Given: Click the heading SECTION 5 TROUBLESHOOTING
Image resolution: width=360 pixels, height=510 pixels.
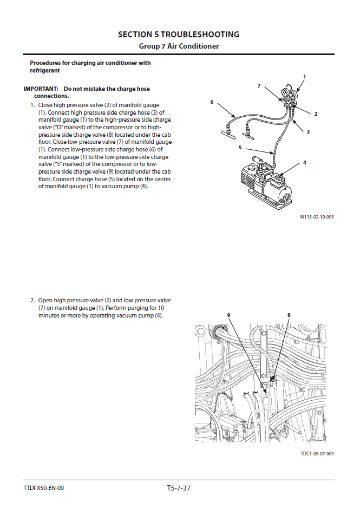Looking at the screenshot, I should click(179, 35).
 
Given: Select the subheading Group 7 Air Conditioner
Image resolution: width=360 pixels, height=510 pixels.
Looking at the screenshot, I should click(179, 47).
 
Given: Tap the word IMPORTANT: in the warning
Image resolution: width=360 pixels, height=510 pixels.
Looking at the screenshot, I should click(41, 89).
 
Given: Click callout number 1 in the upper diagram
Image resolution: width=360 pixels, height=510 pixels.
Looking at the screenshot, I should click(304, 77).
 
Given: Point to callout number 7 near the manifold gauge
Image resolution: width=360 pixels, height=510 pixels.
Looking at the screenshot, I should click(259, 86).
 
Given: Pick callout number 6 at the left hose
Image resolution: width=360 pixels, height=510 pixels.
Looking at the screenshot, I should click(212, 102).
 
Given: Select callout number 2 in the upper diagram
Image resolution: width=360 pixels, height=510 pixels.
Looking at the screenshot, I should click(316, 114).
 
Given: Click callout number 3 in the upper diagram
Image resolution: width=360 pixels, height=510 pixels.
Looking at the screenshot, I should click(308, 131).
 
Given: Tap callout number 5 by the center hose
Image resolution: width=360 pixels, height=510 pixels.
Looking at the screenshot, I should click(240, 147).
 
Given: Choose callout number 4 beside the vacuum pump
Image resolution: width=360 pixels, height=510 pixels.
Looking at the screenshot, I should click(305, 162).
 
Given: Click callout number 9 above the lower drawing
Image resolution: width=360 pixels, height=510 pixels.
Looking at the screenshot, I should click(228, 315).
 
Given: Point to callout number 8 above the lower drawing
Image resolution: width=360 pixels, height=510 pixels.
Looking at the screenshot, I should click(289, 315).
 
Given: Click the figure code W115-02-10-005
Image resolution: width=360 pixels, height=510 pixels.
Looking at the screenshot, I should click(317, 217).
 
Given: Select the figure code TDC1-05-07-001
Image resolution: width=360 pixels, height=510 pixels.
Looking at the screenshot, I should click(317, 453).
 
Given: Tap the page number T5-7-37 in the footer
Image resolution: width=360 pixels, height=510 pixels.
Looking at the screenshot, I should click(179, 488).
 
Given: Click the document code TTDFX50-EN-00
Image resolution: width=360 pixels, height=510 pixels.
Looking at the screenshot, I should click(44, 488).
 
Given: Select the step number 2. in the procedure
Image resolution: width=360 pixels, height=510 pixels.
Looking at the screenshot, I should click(32, 300).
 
